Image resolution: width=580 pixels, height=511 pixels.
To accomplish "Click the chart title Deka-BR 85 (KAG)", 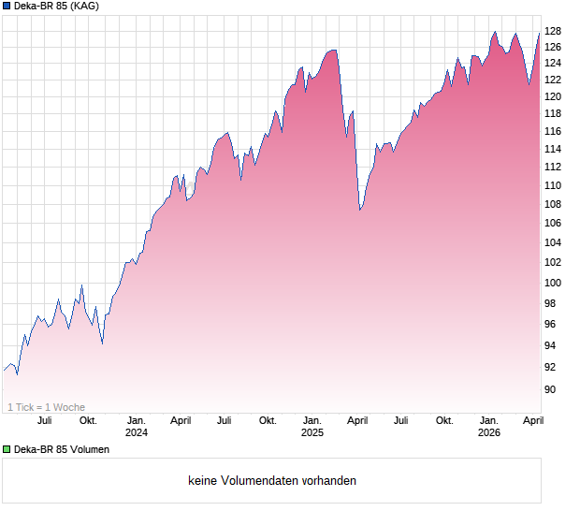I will click(x=56, y=7).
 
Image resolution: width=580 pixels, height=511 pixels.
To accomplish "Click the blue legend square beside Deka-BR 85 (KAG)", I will click(x=7, y=7).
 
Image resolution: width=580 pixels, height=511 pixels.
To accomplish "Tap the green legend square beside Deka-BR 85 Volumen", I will click(x=7, y=449).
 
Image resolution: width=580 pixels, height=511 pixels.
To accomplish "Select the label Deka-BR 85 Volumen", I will click(x=62, y=449).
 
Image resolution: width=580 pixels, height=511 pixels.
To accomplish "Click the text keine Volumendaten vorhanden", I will click(x=272, y=481).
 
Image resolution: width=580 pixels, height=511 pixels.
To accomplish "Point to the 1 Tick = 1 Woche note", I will click(x=46, y=407).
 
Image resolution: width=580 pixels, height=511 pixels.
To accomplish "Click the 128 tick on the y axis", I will click(x=553, y=30).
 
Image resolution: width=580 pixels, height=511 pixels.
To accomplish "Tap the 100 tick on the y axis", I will click(x=553, y=283).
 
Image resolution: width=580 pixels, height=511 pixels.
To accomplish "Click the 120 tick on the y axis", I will click(x=553, y=96).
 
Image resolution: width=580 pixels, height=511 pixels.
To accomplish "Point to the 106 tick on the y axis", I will click(x=553, y=223).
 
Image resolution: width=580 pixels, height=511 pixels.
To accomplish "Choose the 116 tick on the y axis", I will click(x=553, y=131).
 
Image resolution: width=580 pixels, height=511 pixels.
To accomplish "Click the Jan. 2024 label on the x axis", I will click(x=137, y=427).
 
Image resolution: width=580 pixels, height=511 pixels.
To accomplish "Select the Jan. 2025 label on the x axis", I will click(x=312, y=427).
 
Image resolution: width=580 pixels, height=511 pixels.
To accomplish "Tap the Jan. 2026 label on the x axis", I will click(x=488, y=427).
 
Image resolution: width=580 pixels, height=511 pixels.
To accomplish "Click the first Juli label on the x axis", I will click(x=44, y=421).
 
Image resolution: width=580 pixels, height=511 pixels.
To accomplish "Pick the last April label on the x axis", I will click(x=532, y=421).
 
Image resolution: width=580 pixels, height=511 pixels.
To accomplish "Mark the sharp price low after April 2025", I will click(x=360, y=210).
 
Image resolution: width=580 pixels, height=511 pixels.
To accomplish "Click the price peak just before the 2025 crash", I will click(x=333, y=50).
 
